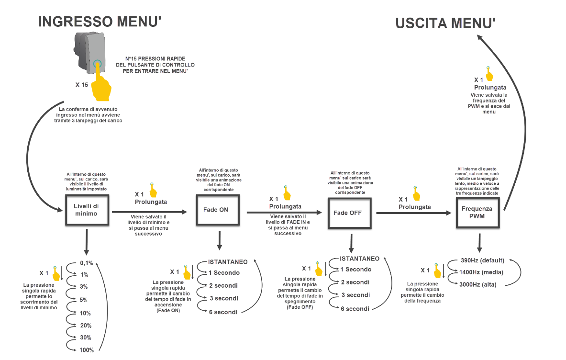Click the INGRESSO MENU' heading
[100, 22]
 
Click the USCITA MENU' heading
[445, 23]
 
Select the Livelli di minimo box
[87, 210]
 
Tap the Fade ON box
[218, 210]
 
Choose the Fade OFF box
[349, 213]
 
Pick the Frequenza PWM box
[477, 213]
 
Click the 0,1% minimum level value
[87, 263]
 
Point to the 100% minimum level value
[87, 350]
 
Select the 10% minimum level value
[85, 313]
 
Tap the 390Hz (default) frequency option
[483, 260]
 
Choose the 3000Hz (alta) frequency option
[477, 284]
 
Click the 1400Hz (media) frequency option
[481, 272]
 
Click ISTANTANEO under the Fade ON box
[228, 262]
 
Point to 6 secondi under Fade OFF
[355, 309]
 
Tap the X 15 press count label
[82, 85]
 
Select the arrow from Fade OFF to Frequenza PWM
[414, 213]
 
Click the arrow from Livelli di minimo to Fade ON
[149, 212]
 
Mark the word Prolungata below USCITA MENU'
[490, 88]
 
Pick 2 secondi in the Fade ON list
[223, 286]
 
